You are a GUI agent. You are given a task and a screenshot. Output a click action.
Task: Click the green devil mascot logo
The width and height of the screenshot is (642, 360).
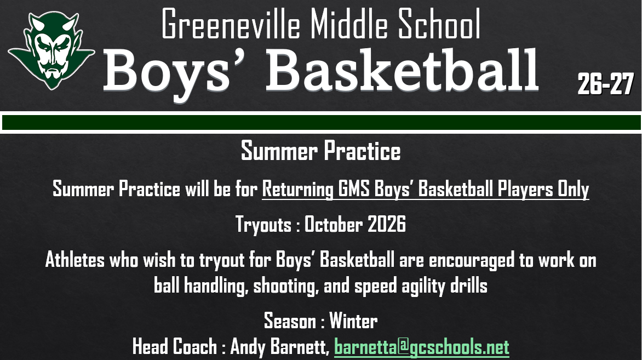click(x=51, y=50)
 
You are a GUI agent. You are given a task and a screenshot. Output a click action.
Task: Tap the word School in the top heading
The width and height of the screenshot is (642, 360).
click(x=439, y=25)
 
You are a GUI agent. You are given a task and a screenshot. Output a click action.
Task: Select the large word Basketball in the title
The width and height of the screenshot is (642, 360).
click(x=403, y=71)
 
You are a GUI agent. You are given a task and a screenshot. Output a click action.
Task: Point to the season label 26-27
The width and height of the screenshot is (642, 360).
click(x=605, y=84)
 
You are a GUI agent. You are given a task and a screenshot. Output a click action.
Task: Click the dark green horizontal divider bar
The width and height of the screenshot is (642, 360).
click(x=321, y=122)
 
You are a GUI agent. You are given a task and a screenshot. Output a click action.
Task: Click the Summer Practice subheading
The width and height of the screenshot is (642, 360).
click(x=320, y=151)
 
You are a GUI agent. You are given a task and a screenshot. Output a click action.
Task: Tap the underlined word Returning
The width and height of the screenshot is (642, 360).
click(x=297, y=189)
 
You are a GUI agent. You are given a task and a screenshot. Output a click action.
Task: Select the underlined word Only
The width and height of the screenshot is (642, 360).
click(x=573, y=189)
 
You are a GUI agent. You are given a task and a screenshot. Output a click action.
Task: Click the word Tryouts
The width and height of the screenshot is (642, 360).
click(x=263, y=225)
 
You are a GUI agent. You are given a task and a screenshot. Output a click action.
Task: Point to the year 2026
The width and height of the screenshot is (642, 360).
click(x=387, y=224)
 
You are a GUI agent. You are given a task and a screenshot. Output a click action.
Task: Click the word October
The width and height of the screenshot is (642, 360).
click(x=333, y=224)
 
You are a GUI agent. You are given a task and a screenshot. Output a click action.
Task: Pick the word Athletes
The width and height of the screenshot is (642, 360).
click(x=75, y=260)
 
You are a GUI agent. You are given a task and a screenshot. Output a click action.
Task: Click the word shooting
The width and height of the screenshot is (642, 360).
click(x=286, y=285)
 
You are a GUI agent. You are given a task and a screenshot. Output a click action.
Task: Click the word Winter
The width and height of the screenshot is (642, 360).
click(x=353, y=320)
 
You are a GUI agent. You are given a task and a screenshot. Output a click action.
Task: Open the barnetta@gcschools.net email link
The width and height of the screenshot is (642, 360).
click(x=422, y=347)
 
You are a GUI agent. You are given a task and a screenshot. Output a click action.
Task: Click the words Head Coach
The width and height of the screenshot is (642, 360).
click(x=175, y=346)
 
